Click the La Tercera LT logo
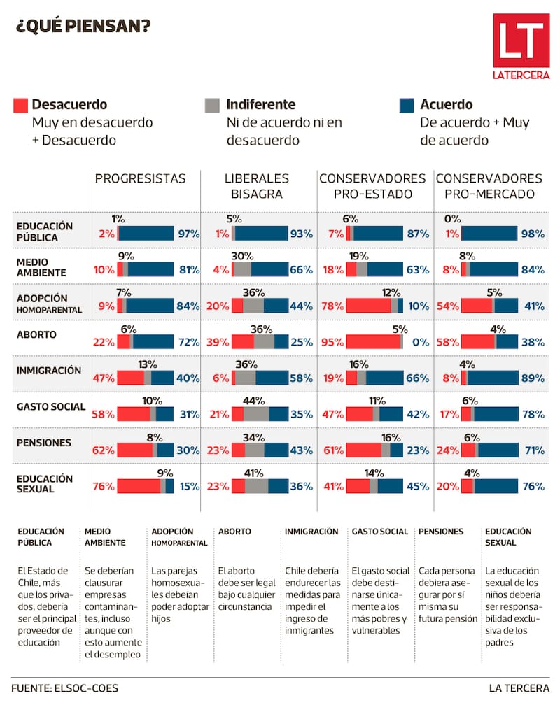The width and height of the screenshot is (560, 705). click(521, 46)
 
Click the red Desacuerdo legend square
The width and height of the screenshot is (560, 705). click(20, 105)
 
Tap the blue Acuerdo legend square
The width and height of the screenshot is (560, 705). click(407, 105)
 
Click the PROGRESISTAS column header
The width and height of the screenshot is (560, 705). click(141, 178)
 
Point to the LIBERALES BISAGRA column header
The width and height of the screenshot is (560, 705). click(256, 186)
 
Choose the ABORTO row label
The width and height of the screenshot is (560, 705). click(36, 334)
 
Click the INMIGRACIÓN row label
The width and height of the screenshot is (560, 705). click(48, 371)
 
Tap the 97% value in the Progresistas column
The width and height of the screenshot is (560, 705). click(189, 234)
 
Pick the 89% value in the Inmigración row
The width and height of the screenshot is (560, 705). click(533, 378)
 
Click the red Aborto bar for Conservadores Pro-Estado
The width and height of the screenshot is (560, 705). click(373, 342)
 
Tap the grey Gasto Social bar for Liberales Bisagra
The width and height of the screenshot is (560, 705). click(256, 414)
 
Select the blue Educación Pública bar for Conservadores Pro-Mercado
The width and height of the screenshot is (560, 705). click(490, 234)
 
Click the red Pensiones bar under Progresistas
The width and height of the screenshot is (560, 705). click(134, 450)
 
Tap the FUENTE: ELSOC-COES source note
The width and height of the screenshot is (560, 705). click(64, 688)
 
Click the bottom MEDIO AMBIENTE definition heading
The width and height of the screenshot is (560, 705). click(105, 536)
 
